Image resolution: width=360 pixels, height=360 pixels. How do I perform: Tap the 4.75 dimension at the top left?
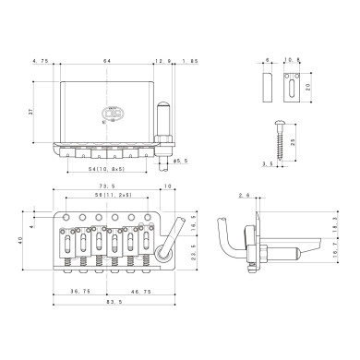click(40, 61)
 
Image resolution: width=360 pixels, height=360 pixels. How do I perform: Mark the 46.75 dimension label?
click(140, 290)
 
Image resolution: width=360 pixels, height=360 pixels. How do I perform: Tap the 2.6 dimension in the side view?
click(241, 196)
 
